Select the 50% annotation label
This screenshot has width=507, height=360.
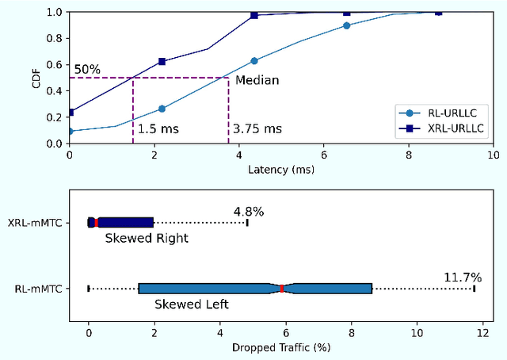[x=87, y=70]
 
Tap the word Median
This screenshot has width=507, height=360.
[x=257, y=80]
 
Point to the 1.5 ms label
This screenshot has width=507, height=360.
[x=157, y=128]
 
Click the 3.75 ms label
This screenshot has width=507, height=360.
[x=257, y=128]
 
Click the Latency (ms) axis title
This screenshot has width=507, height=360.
[x=281, y=170]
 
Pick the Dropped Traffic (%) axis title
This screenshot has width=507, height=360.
[x=281, y=347]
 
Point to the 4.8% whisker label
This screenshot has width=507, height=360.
[x=249, y=212]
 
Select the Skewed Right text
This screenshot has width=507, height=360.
[x=147, y=238]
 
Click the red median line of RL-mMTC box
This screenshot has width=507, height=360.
[x=281, y=289]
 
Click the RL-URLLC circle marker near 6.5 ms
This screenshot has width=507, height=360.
[x=346, y=25]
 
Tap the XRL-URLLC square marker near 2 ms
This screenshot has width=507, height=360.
[x=162, y=61]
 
